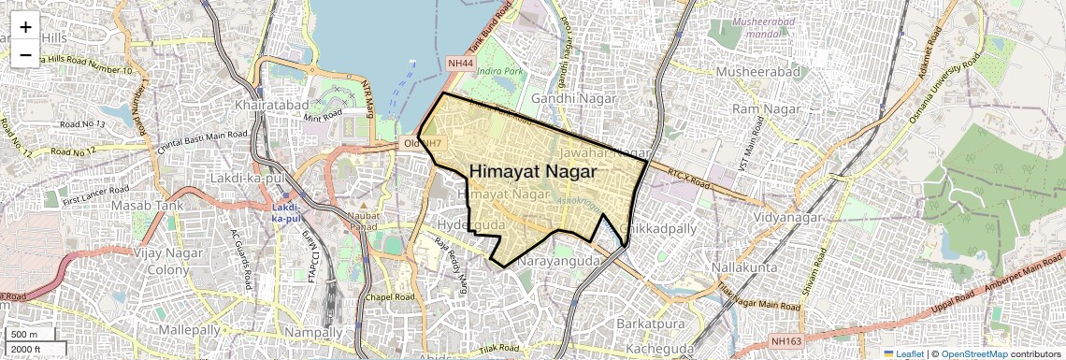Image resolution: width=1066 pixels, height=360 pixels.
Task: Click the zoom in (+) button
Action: point(25,26)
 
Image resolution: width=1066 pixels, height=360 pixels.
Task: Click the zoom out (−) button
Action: point(25,54)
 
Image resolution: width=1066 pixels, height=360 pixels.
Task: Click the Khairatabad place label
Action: point(272,105)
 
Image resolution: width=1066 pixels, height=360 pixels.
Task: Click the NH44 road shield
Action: point(461,64)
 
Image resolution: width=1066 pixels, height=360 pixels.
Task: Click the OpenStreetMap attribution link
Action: point(973,353)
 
